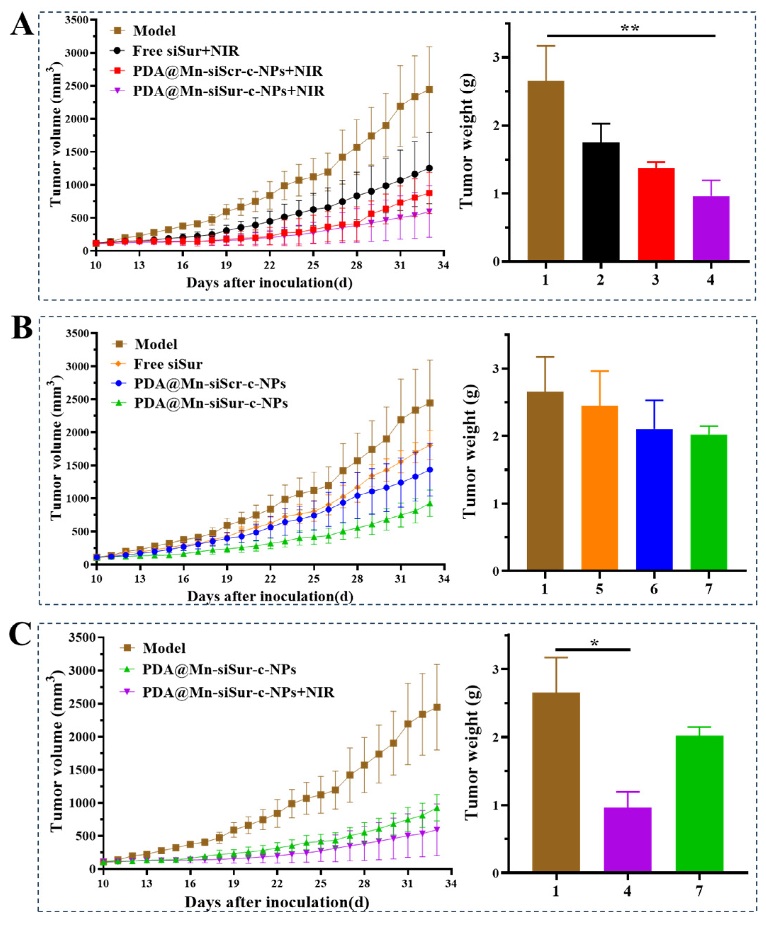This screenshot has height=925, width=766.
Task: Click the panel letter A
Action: coord(22,25)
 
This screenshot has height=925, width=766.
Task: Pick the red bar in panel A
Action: coord(656,214)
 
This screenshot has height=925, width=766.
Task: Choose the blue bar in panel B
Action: coord(654,500)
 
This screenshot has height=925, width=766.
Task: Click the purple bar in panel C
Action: coord(627,840)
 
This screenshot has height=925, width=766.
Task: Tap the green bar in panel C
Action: coord(699,804)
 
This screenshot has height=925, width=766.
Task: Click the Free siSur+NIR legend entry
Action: coord(186,51)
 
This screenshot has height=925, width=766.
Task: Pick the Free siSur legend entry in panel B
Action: coord(168,364)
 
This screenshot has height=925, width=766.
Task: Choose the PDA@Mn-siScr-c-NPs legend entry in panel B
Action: coord(210,384)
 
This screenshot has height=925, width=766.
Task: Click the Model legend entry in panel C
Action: coord(164,648)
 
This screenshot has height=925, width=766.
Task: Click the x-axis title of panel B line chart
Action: coord(270,596)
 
